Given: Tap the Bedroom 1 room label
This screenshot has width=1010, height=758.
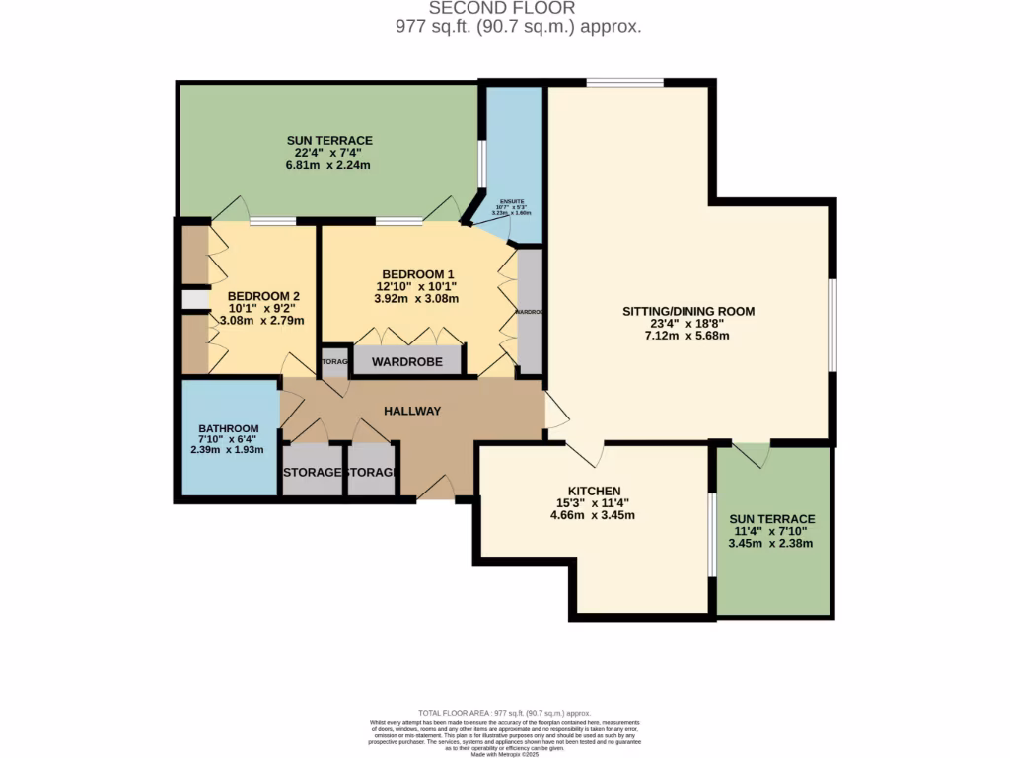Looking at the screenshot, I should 419,273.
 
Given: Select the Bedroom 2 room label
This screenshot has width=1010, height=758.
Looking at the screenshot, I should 263,295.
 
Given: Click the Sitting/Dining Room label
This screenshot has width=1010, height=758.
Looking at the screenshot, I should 687,311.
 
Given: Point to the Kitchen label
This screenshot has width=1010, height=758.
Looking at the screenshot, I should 594,491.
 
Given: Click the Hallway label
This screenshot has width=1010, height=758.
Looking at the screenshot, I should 411,411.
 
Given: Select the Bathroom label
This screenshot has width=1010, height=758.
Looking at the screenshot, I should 227,428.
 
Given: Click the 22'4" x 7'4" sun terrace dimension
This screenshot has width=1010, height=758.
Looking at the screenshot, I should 329,153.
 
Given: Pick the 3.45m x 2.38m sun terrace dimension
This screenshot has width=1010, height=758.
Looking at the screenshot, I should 771,543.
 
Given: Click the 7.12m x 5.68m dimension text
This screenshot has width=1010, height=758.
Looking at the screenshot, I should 687,336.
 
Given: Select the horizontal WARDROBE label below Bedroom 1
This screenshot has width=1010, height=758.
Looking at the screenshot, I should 405,362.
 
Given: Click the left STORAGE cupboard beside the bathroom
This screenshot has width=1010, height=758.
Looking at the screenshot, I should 312,473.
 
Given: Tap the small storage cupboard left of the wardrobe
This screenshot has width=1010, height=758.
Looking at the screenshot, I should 334,362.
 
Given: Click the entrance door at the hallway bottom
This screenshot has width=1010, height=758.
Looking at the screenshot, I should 436,488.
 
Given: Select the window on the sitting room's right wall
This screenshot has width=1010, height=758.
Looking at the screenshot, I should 832,326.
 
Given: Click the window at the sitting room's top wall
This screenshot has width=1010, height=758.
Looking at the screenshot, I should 624,83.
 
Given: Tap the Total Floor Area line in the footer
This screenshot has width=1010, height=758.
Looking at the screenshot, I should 504,713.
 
